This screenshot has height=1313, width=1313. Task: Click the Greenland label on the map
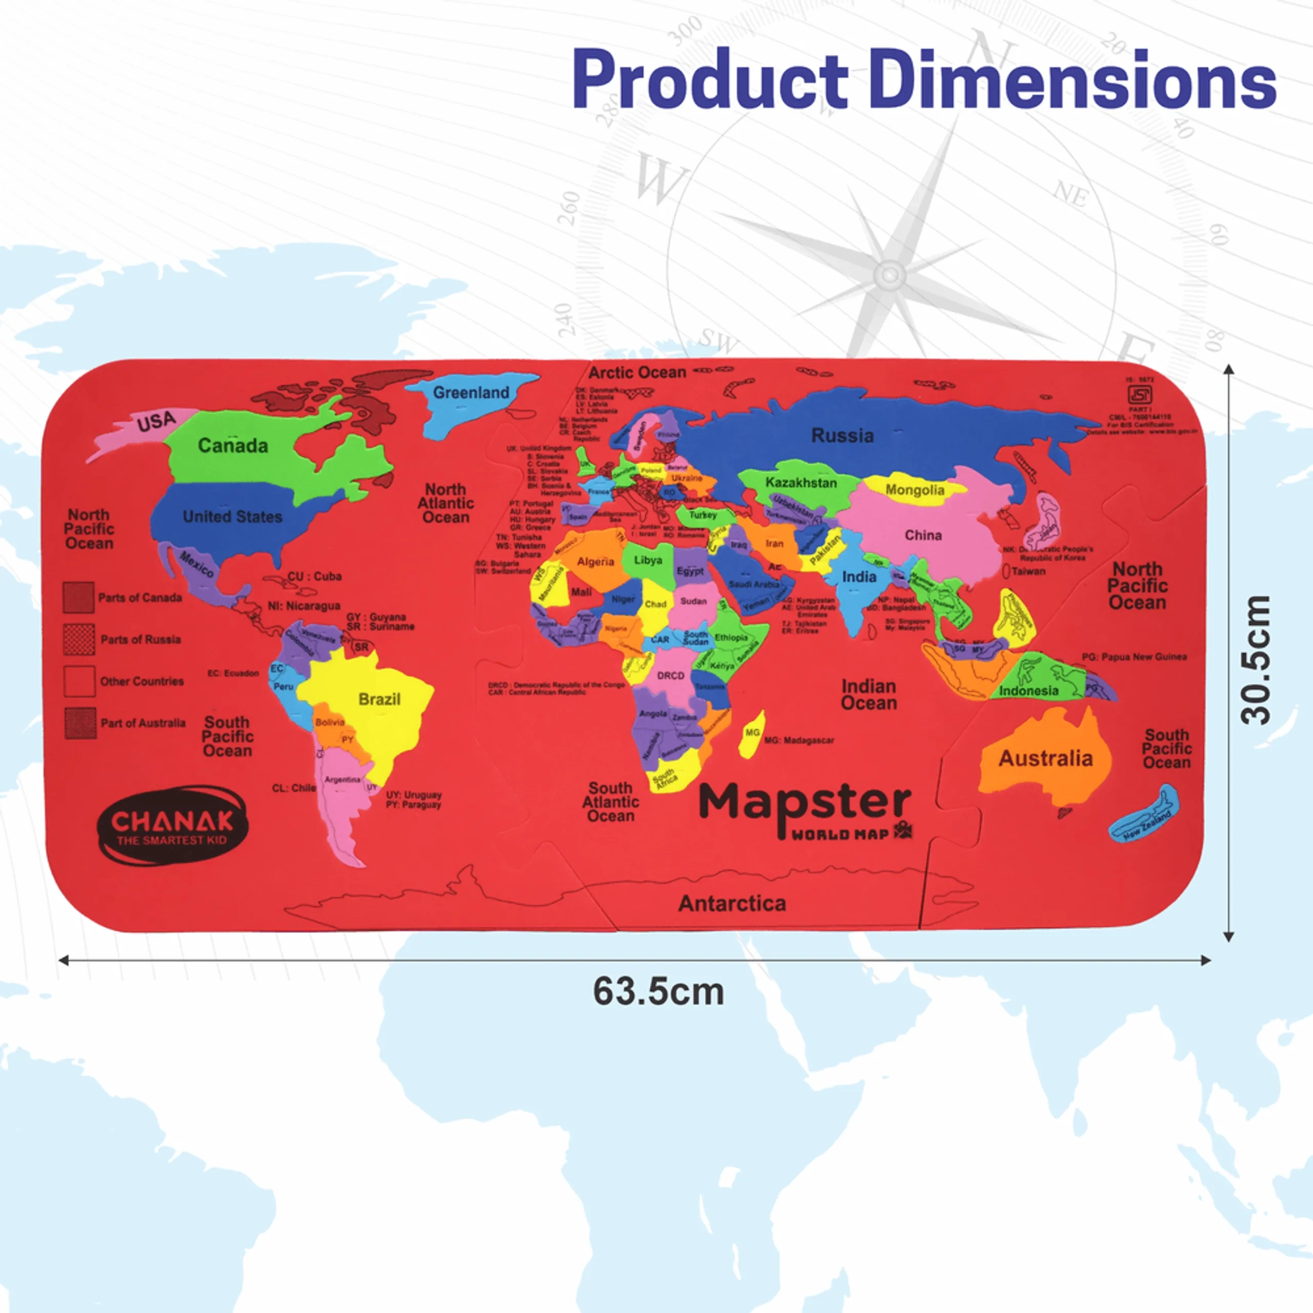[x=471, y=393]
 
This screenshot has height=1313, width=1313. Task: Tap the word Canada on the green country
[x=232, y=446]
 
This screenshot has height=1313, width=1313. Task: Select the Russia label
[x=842, y=435]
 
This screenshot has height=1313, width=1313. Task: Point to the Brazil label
[x=379, y=699]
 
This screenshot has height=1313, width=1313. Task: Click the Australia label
[x=1045, y=759]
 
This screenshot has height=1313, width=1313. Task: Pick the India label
[x=859, y=577]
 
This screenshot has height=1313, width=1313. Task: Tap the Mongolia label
[x=915, y=490]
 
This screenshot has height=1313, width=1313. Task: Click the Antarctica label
[x=732, y=903]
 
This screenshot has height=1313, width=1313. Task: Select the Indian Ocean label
[x=868, y=694]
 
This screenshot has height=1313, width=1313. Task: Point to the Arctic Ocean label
[x=637, y=372]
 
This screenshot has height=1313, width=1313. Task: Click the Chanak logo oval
[x=173, y=826]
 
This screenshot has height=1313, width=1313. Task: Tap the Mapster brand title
[x=805, y=803]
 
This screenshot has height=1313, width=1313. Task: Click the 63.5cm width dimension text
[x=658, y=991]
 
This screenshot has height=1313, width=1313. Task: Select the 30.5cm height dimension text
[x=1255, y=660]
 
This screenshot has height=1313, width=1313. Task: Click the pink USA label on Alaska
[x=156, y=422]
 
